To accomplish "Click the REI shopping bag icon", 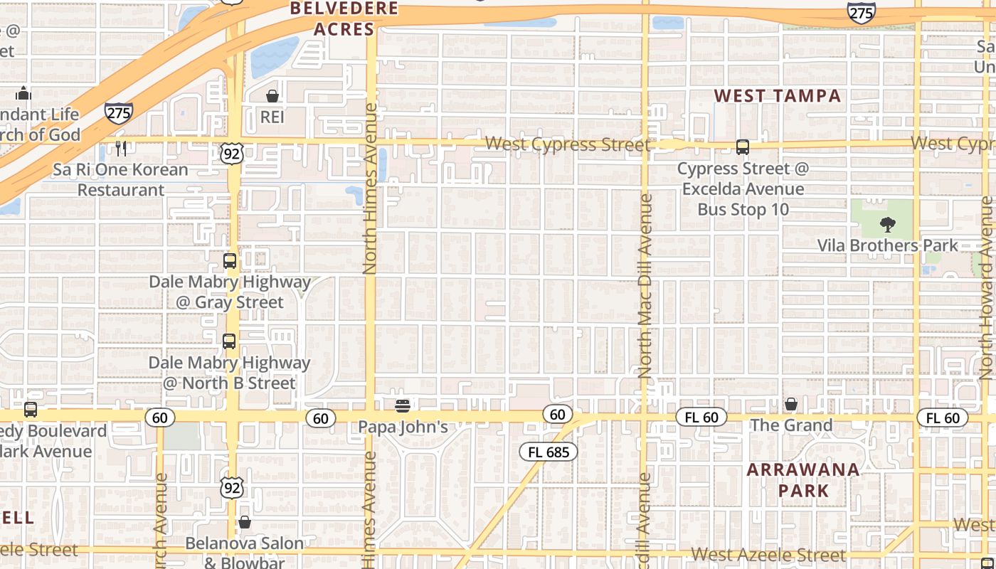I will pos(272,95).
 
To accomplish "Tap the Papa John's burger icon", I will pos(403,406).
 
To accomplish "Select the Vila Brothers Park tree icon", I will pos(887,225).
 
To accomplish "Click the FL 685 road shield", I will pos(549,452).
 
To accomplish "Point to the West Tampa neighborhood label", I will pos(778,96).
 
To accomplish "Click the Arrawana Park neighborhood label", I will pos(803,480).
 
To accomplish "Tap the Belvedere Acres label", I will pos(344,19).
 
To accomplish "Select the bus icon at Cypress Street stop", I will pos(743,147).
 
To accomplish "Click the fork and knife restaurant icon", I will pos(121,148).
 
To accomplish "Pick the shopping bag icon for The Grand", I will pos(791,404).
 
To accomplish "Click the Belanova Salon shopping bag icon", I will pos(245,522).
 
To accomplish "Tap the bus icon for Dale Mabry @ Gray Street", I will pos(229,260).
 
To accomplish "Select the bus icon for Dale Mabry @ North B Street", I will pos(229,341).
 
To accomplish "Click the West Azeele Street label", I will pos(768,554).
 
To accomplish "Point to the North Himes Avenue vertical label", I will pos(370,188).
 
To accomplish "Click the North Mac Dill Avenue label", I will pos(645,284).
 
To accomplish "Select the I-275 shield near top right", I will pos(861,12).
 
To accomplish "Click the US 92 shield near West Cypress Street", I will pos(232,153).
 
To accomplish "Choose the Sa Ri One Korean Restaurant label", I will pos(121,180).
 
